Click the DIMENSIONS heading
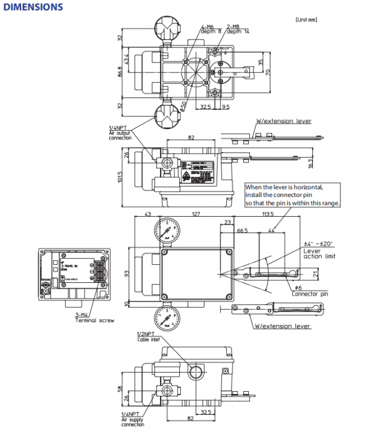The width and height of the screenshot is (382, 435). click(33, 7)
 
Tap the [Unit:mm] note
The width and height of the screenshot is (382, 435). click(306, 19)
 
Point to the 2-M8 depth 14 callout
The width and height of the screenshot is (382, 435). click(238, 29)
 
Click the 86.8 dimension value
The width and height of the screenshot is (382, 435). click(120, 72)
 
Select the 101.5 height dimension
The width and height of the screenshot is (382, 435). click(119, 177)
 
